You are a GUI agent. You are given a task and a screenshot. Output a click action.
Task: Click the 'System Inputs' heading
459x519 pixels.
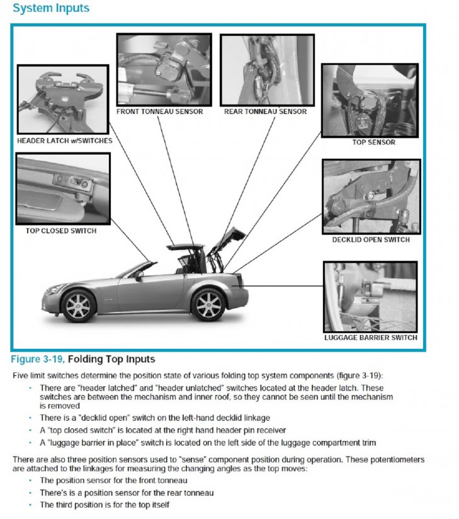51,9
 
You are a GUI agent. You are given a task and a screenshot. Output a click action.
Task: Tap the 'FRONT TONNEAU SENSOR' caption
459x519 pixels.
160,111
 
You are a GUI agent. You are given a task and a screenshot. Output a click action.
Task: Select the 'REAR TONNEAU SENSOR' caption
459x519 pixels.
265,111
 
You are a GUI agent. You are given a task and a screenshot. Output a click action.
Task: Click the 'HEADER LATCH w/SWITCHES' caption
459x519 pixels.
65,140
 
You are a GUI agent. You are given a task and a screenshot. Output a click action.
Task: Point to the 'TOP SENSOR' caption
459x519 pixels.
374,142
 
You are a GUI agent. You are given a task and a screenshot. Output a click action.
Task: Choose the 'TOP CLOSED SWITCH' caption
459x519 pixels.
61,231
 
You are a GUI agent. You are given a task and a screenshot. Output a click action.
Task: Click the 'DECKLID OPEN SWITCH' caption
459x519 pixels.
371,239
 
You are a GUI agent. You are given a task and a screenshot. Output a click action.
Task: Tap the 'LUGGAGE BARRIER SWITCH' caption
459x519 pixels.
370,338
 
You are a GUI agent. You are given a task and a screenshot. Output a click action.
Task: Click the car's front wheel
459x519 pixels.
79,305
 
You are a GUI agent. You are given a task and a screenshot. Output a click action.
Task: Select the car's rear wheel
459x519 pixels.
207,304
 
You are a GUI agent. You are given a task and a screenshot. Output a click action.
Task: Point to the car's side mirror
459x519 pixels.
139,275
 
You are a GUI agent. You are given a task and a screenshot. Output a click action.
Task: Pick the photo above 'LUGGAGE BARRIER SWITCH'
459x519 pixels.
370,297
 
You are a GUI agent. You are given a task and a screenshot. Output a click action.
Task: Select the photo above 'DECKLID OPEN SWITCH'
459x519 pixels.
370,197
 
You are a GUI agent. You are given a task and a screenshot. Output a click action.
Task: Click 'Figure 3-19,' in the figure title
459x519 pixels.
38,360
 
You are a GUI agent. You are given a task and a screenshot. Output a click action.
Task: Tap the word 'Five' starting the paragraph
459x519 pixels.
21,375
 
